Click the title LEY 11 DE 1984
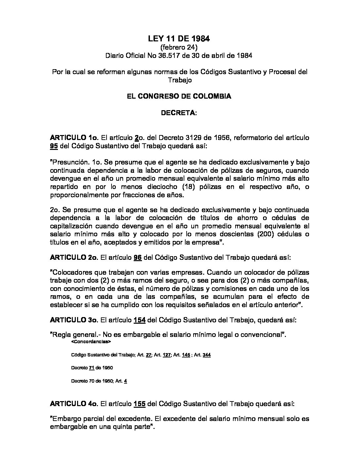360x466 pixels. click(179, 39)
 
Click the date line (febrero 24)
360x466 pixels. click(179, 48)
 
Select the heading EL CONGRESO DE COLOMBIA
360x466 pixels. click(179, 96)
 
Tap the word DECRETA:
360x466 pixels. click(179, 113)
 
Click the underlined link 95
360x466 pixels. click(54, 146)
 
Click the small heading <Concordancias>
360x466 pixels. click(91, 341)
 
